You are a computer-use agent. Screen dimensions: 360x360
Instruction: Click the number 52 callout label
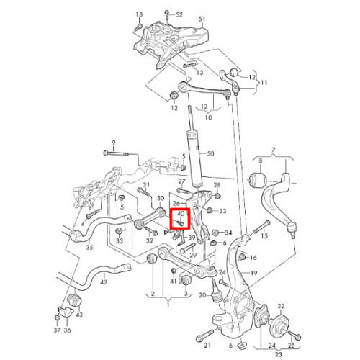[x=179, y=14]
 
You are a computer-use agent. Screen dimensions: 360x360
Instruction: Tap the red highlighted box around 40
[x=180, y=218]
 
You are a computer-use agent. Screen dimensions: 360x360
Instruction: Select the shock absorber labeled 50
[x=194, y=146]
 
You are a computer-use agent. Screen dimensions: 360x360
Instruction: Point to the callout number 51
[x=202, y=19]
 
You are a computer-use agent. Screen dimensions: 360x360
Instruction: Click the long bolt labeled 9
[x=116, y=153]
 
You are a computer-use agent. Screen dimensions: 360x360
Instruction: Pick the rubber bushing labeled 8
[x=258, y=179]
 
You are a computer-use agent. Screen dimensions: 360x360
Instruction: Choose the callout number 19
[x=253, y=273]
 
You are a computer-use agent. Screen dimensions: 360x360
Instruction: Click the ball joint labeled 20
[x=216, y=291]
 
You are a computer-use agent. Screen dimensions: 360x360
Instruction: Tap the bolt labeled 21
[x=204, y=336]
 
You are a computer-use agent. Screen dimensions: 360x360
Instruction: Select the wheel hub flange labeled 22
[x=280, y=323]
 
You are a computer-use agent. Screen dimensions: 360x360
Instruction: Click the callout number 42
[x=104, y=282]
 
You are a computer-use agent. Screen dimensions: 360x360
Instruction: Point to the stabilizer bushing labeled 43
[x=76, y=300]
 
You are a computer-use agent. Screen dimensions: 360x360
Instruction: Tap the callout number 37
[x=57, y=330]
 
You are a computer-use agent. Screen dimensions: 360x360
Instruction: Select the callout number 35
[x=89, y=247]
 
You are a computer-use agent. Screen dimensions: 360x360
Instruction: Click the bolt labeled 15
[x=262, y=227]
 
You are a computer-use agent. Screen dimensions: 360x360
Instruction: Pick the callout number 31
[x=146, y=184]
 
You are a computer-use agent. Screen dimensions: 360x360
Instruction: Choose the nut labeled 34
[x=216, y=233]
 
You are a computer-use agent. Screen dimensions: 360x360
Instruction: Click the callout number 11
[x=264, y=83]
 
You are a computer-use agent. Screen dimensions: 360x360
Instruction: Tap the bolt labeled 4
[x=92, y=213]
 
